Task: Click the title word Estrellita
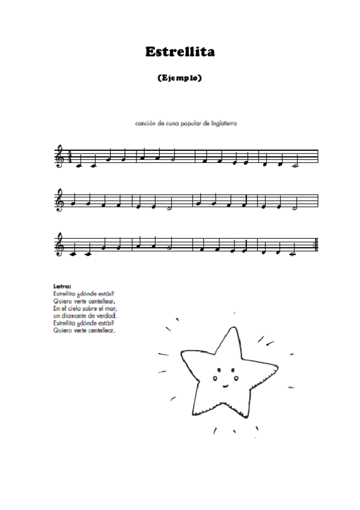pyautogui.click(x=180, y=52)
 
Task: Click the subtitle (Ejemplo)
pyautogui.click(x=180, y=78)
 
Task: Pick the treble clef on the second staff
pyautogui.click(x=59, y=200)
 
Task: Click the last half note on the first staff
pyautogui.click(x=294, y=164)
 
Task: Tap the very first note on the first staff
pyautogui.click(x=79, y=164)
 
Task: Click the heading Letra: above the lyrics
pyautogui.click(x=63, y=286)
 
